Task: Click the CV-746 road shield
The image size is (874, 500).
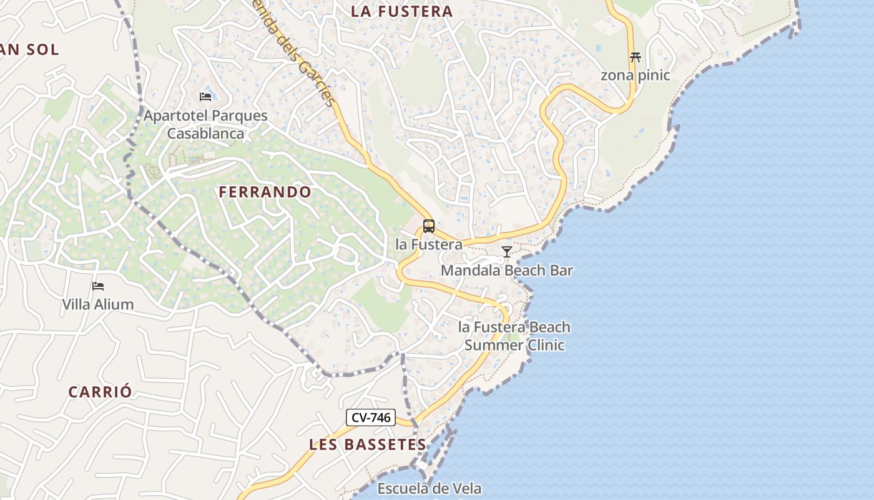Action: (x=371, y=417)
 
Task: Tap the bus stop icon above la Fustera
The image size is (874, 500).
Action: (x=429, y=226)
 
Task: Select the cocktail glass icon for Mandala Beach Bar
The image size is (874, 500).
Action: (x=507, y=252)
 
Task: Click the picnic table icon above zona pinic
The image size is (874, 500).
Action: (x=636, y=57)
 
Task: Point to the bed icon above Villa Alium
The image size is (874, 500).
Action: (x=98, y=286)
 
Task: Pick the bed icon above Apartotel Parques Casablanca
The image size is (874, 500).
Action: (x=205, y=96)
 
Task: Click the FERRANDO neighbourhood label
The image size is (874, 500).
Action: (x=265, y=192)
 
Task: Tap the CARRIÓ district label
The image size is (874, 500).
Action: (x=101, y=392)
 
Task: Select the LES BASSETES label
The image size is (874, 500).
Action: (x=368, y=445)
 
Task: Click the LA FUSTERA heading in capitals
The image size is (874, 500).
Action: (x=401, y=11)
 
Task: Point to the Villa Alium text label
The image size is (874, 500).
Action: (x=98, y=304)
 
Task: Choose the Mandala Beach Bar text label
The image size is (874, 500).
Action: (x=507, y=271)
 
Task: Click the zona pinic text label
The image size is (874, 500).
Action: (x=636, y=76)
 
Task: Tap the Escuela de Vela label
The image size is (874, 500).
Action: (x=430, y=488)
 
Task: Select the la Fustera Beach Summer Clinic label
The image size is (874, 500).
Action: (x=514, y=336)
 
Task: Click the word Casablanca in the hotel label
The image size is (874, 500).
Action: (x=205, y=133)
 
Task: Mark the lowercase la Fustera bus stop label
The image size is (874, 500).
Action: (x=429, y=244)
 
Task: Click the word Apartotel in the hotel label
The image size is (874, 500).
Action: (x=175, y=116)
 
